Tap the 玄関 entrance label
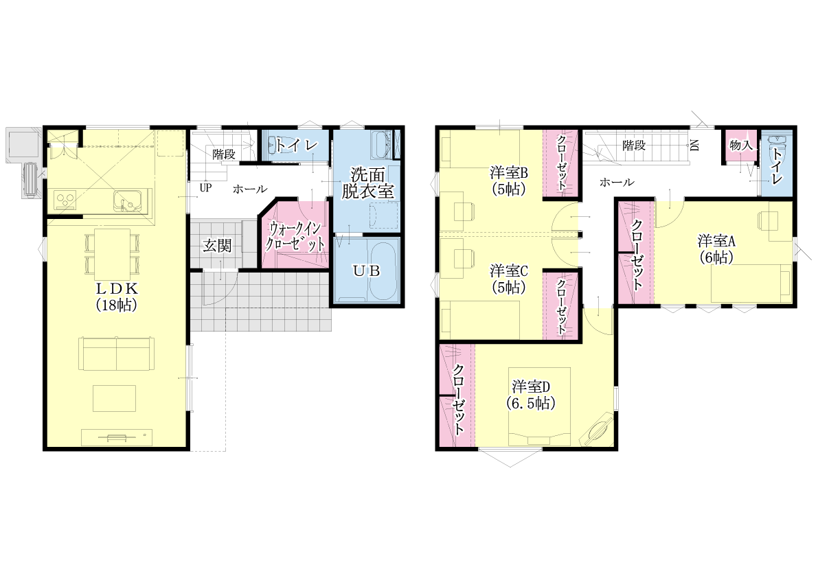[217, 246]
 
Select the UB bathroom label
[366, 270]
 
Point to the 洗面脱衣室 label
[367, 183]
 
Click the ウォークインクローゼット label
[295, 236]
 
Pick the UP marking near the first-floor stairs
[205, 187]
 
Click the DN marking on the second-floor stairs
[695, 146]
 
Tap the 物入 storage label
[741, 146]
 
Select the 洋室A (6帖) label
[716, 249]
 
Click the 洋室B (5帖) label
[509, 181]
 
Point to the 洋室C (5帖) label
[509, 279]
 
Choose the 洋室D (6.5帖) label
[530, 395]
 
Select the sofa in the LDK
[116, 354]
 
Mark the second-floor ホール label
[617, 183]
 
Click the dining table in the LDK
[112, 255]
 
